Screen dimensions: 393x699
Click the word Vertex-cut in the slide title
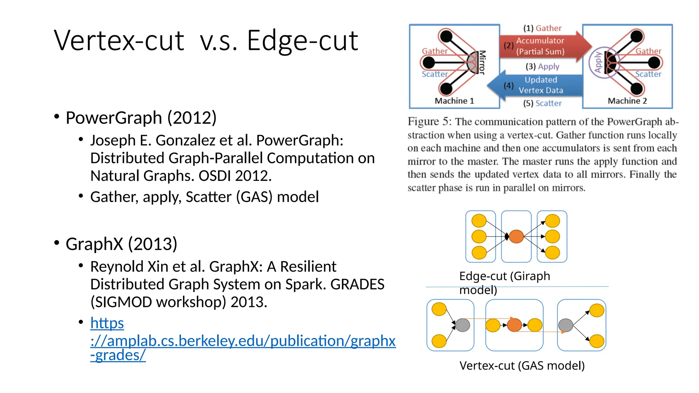119,41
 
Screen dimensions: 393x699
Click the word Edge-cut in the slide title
302,41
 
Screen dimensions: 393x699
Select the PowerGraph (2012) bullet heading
141,118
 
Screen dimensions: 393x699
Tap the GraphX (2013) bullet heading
122,244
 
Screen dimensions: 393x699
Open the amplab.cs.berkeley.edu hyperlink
243,340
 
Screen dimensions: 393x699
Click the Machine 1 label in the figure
454,101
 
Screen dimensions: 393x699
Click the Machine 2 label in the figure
627,101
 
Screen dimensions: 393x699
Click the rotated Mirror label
482,62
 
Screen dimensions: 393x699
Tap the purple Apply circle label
597,62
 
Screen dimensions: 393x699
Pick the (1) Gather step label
542,28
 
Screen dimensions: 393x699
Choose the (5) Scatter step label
542,103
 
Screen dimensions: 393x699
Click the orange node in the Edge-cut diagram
516,236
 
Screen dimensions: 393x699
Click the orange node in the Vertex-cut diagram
514,325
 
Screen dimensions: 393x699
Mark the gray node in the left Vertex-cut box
462,325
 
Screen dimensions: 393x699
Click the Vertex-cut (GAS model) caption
522,366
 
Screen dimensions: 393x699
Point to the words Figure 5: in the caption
429,122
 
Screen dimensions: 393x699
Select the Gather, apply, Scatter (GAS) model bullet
204,197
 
